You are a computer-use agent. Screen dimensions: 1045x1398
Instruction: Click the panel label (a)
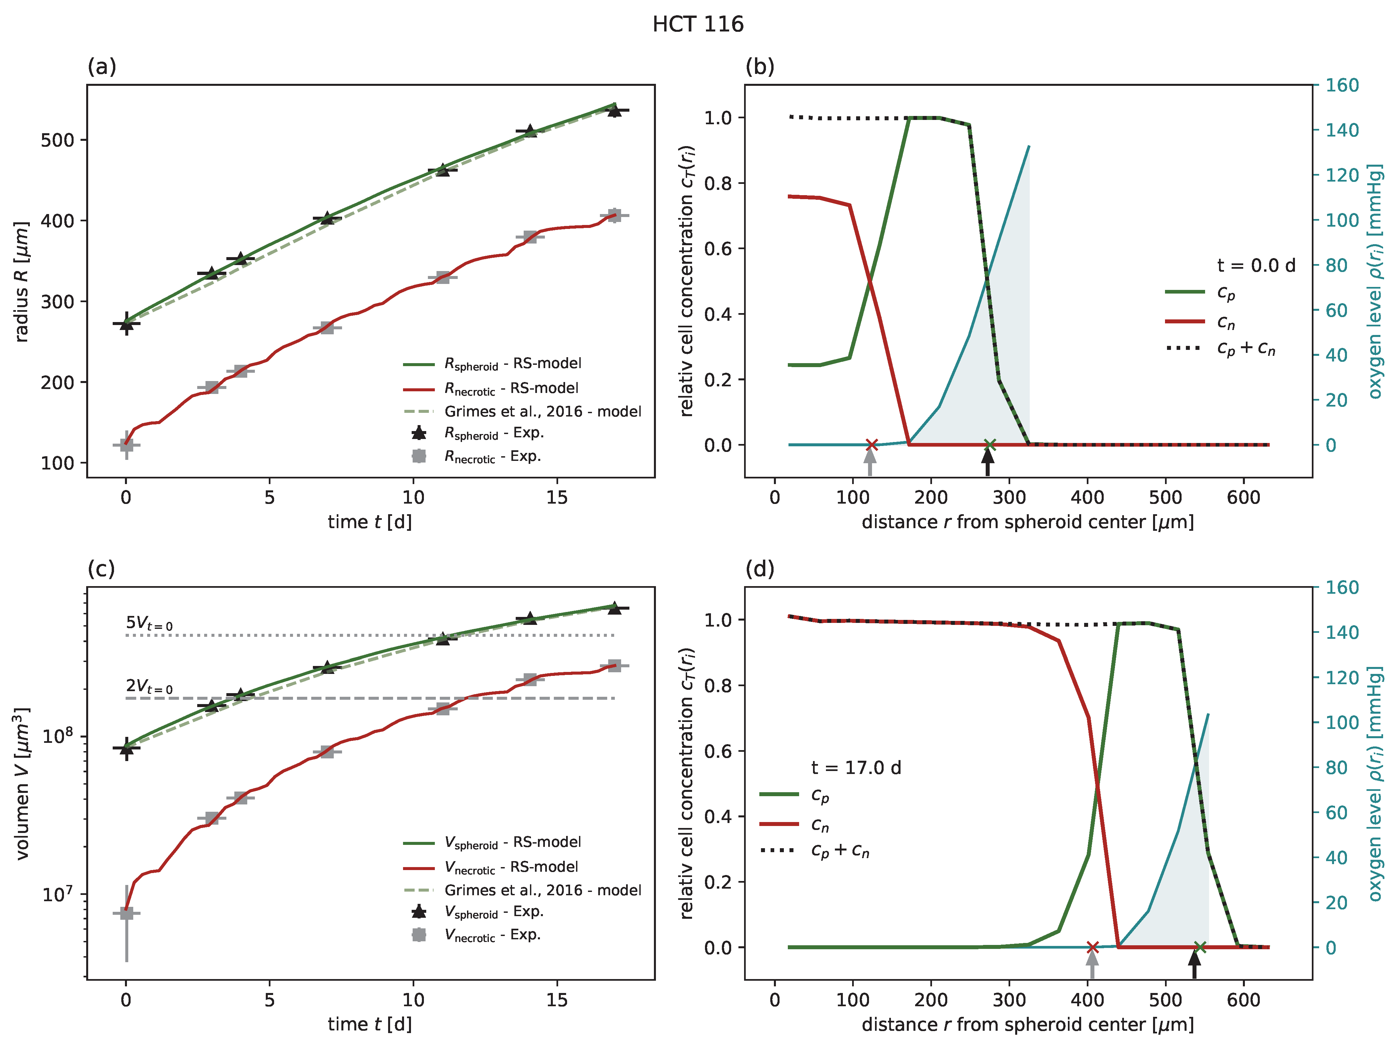tap(102, 66)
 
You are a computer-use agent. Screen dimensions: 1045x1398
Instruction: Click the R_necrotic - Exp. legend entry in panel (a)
tap(492, 456)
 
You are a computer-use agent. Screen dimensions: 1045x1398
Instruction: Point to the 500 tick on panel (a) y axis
tap(58, 140)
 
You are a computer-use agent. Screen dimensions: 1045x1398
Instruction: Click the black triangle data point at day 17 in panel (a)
tap(614, 111)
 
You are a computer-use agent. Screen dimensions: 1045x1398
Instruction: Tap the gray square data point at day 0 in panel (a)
tap(126, 445)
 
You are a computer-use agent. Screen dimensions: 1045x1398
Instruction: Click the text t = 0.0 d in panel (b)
tap(1256, 265)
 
